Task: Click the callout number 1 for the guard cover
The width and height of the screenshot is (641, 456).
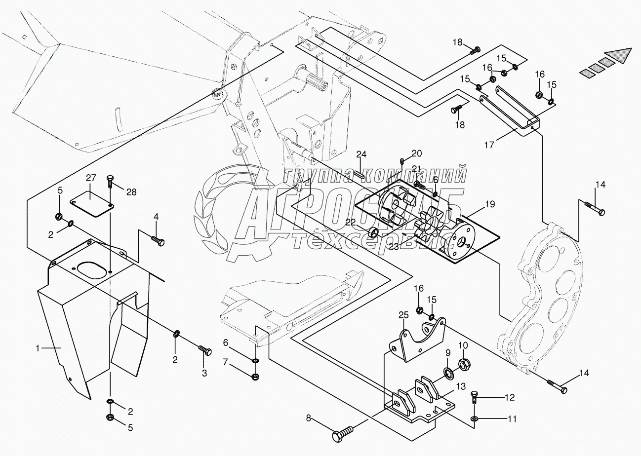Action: point(37,348)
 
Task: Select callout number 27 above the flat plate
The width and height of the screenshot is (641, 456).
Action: point(91,177)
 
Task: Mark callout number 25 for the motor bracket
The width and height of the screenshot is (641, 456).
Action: point(404,315)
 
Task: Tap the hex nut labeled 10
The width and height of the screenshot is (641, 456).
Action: point(464,365)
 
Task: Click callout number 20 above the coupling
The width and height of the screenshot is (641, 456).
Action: point(417,152)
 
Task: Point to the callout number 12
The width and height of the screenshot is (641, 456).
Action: point(509,397)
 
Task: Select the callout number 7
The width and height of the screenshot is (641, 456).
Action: point(225,363)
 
